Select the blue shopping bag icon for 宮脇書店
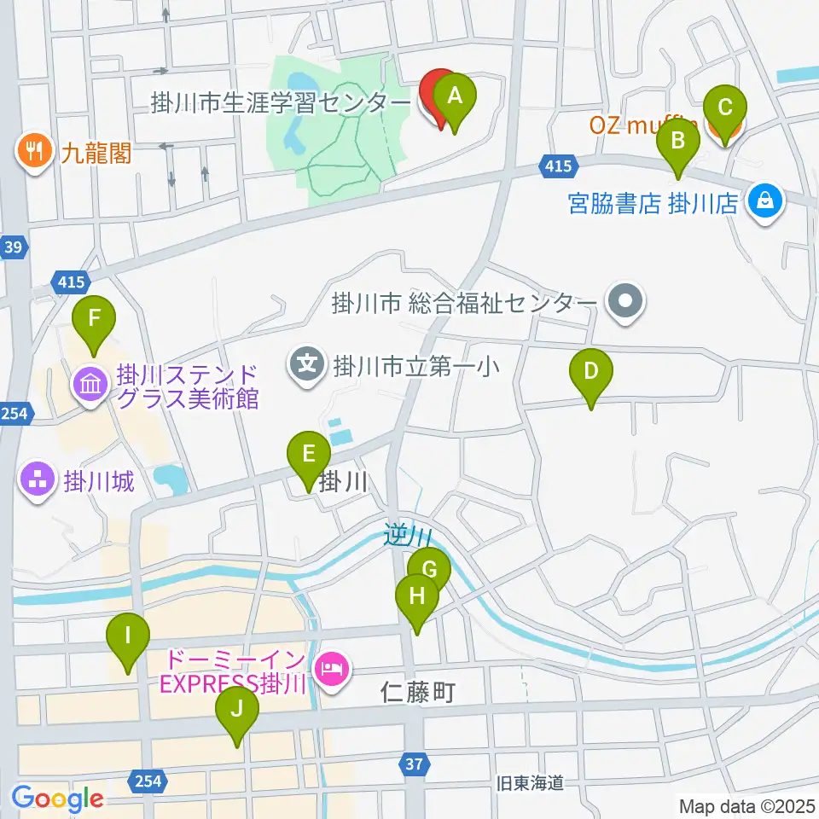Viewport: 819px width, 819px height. pyautogui.click(x=765, y=202)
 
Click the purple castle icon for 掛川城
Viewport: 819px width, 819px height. pyautogui.click(x=37, y=482)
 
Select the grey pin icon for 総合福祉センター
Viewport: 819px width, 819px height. pyautogui.click(x=625, y=302)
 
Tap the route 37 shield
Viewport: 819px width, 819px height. pyautogui.click(x=414, y=765)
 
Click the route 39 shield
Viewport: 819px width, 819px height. pyautogui.click(x=15, y=247)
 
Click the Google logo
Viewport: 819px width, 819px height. pyautogui.click(x=57, y=799)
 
